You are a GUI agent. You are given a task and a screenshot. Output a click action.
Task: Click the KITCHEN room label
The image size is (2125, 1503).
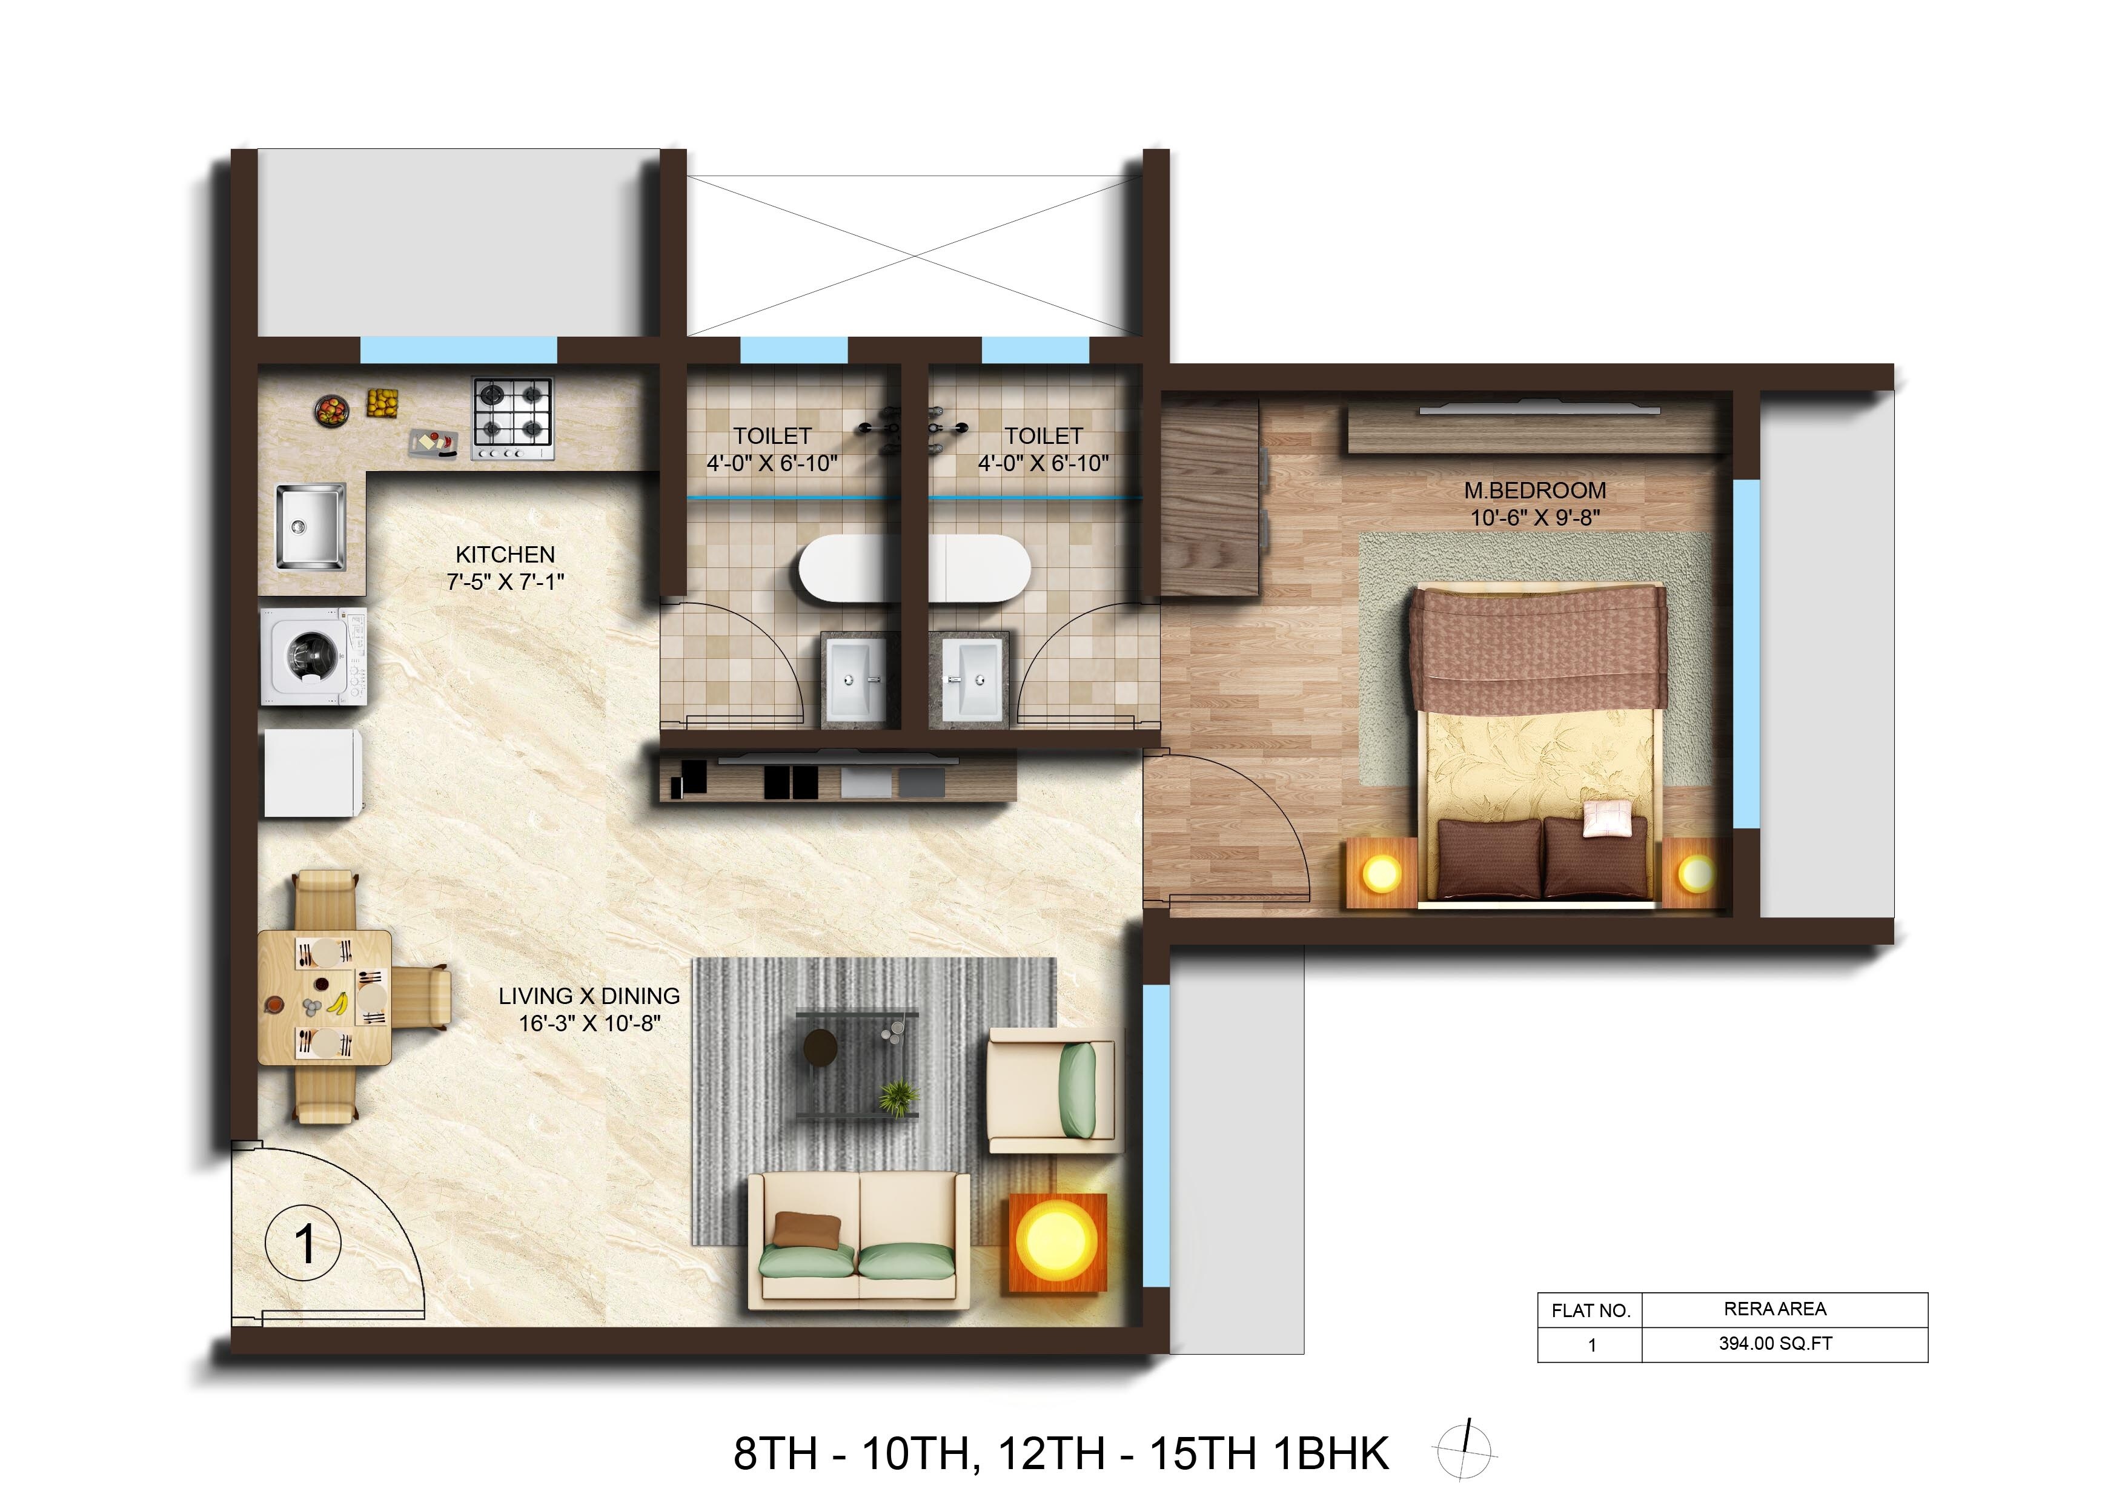505,554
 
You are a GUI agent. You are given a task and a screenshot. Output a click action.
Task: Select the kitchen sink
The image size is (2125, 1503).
310,527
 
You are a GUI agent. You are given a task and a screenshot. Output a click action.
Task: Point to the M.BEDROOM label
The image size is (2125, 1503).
1534,491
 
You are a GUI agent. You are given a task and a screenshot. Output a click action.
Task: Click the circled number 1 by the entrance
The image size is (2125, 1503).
303,1244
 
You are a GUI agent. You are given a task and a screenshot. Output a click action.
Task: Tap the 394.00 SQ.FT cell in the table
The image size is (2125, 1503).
1775,1344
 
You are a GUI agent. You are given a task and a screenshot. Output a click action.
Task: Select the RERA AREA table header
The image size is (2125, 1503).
1775,1309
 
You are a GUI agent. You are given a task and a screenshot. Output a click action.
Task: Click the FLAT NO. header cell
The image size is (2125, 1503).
1590,1310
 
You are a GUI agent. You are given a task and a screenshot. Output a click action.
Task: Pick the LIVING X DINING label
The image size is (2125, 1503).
589,996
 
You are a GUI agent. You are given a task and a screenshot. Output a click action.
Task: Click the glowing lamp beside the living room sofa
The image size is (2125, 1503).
1056,1241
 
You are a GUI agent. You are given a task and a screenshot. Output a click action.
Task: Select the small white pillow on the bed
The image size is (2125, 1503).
1608,818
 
